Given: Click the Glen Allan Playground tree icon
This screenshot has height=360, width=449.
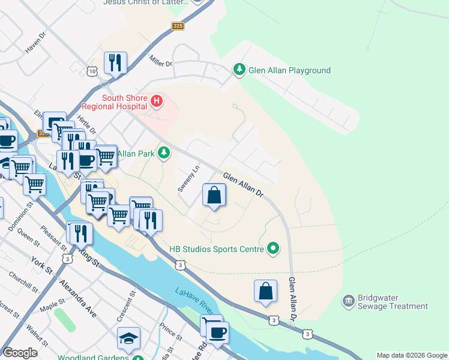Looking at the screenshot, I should coord(240,70).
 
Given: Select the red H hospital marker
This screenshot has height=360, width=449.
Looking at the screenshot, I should coord(156,101).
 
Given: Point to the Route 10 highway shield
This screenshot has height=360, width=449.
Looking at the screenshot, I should coord(91,71).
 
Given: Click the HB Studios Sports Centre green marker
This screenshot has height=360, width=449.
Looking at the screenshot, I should coord(273,248).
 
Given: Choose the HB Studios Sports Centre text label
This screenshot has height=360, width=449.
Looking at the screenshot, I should coord(217,248).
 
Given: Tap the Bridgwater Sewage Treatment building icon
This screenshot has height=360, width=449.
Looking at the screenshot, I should coord(348,301).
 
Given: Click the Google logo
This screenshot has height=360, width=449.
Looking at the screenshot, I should coord(20,352).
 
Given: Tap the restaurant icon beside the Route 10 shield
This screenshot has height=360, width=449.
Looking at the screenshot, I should coord(115,62).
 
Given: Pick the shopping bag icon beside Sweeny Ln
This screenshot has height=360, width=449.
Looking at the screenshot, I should coord(214,195).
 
